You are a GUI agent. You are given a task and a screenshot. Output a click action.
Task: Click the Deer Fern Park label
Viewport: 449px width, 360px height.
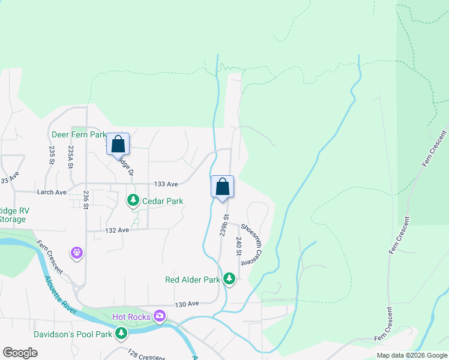pyautogui.click(x=79, y=134)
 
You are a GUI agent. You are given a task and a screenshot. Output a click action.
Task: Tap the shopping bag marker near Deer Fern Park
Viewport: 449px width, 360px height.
pyautogui.click(x=118, y=144)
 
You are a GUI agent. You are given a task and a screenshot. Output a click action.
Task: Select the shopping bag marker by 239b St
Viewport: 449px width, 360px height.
pyautogui.click(x=222, y=186)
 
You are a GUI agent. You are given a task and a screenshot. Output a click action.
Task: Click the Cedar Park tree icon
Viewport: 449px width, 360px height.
pyautogui.click(x=132, y=200)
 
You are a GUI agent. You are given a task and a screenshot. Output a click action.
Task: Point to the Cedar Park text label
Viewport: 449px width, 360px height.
pyautogui.click(x=162, y=201)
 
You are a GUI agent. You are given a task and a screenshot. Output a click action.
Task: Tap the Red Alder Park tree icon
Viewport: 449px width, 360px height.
pyautogui.click(x=229, y=279)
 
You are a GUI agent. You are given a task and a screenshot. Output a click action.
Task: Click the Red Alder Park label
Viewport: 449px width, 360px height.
pyautogui.click(x=192, y=280)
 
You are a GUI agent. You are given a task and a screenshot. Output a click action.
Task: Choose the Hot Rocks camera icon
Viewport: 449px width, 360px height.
pyautogui.click(x=159, y=316)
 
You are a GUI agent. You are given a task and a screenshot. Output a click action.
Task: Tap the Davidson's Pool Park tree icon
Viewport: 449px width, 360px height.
pyautogui.click(x=121, y=333)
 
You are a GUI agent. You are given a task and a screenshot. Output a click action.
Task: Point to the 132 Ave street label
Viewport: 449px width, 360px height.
pyautogui.click(x=117, y=230)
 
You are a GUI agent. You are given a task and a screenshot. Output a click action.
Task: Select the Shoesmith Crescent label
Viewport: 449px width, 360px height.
pyautogui.click(x=253, y=242)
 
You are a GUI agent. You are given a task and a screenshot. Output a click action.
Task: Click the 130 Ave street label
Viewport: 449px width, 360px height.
pyautogui.click(x=186, y=305)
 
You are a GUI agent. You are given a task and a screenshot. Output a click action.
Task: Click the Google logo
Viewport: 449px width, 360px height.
pyautogui.click(x=20, y=353)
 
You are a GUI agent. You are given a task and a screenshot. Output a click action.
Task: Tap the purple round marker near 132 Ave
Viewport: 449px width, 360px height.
pyautogui.click(x=77, y=254)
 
